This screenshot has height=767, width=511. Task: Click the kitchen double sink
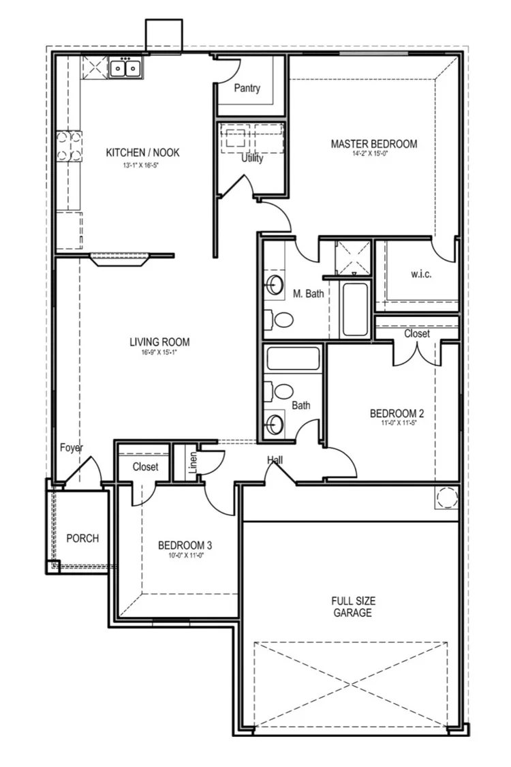125,68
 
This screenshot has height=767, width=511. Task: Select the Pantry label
247,88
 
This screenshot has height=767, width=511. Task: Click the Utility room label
251,159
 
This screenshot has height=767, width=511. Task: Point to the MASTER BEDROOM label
373,144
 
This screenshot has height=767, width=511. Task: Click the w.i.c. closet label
421,274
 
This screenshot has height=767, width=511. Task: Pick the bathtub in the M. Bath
354,309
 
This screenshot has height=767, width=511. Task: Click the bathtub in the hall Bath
293,359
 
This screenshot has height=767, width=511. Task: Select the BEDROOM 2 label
397,413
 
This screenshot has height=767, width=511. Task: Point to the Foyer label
71,448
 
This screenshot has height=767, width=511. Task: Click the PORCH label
82,538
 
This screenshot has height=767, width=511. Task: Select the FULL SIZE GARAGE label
352,607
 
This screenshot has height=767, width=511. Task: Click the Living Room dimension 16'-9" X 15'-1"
159,352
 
